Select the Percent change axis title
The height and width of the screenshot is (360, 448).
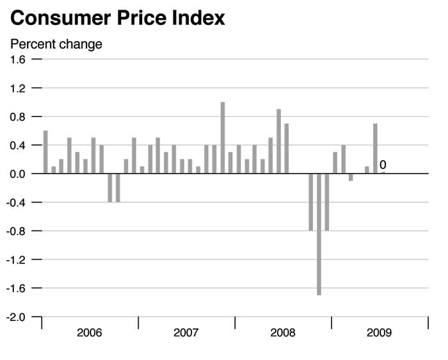(56, 44)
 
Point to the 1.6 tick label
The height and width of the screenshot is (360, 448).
(18, 60)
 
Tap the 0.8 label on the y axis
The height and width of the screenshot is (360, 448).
(18, 117)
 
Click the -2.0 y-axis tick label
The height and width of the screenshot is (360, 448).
(17, 317)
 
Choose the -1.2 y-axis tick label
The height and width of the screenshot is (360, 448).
(17, 259)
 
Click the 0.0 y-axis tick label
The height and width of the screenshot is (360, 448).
(18, 174)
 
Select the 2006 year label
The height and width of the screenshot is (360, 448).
(89, 333)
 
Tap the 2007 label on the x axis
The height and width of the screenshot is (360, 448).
(186, 333)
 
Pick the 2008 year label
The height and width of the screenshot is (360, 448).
(283, 333)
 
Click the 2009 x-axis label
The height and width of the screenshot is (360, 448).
(380, 333)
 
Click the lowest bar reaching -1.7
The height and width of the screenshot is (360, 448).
(319, 234)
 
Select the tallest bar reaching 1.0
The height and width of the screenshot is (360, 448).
(223, 138)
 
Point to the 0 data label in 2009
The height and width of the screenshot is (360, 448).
(383, 165)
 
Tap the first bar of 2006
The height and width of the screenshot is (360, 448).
(45, 152)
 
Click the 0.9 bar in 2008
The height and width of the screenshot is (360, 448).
(279, 141)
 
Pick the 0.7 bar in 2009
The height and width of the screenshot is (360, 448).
(375, 149)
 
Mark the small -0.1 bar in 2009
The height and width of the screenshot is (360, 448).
(351, 177)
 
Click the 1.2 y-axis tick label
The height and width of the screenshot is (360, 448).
(18, 88)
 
